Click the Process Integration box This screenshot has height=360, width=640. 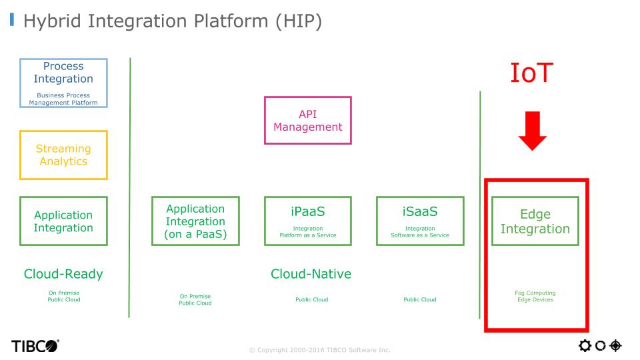(x=63, y=82)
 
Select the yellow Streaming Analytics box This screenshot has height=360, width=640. (x=63, y=155)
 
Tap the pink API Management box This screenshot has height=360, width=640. (x=307, y=120)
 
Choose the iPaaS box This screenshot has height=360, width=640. (x=307, y=221)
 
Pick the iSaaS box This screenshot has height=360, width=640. (x=420, y=221)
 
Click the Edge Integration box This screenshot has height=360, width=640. (x=535, y=221)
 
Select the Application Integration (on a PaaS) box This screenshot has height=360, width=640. (x=195, y=221)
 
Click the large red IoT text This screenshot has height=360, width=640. (x=532, y=73)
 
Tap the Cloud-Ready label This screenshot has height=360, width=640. (x=63, y=274)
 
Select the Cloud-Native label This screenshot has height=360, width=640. (x=311, y=274)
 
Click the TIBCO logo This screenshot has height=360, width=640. (x=34, y=345)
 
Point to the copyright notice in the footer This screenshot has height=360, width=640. (x=319, y=349)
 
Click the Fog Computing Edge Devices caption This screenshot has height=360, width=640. (x=535, y=296)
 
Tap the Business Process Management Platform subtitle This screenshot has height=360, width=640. (x=63, y=99)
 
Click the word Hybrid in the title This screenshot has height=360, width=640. (x=55, y=21)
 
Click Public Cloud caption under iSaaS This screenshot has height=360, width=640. (x=420, y=299)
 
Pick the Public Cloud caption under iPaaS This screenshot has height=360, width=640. (x=311, y=299)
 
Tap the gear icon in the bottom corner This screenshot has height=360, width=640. (x=585, y=345)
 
